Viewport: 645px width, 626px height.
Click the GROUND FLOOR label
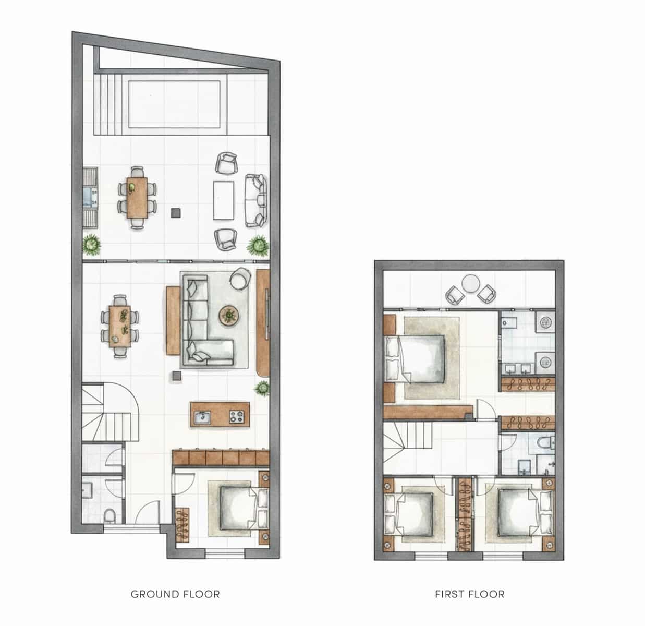click(175, 594)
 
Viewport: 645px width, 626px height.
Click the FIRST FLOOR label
click(470, 594)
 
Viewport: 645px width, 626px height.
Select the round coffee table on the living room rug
click(228, 315)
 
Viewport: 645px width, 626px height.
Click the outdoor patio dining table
click(137, 198)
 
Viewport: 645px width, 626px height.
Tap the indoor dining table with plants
click(120, 326)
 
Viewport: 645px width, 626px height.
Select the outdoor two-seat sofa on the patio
click(255, 200)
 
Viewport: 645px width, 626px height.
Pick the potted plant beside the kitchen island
click(262, 388)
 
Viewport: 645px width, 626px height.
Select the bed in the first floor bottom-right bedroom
click(519, 513)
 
